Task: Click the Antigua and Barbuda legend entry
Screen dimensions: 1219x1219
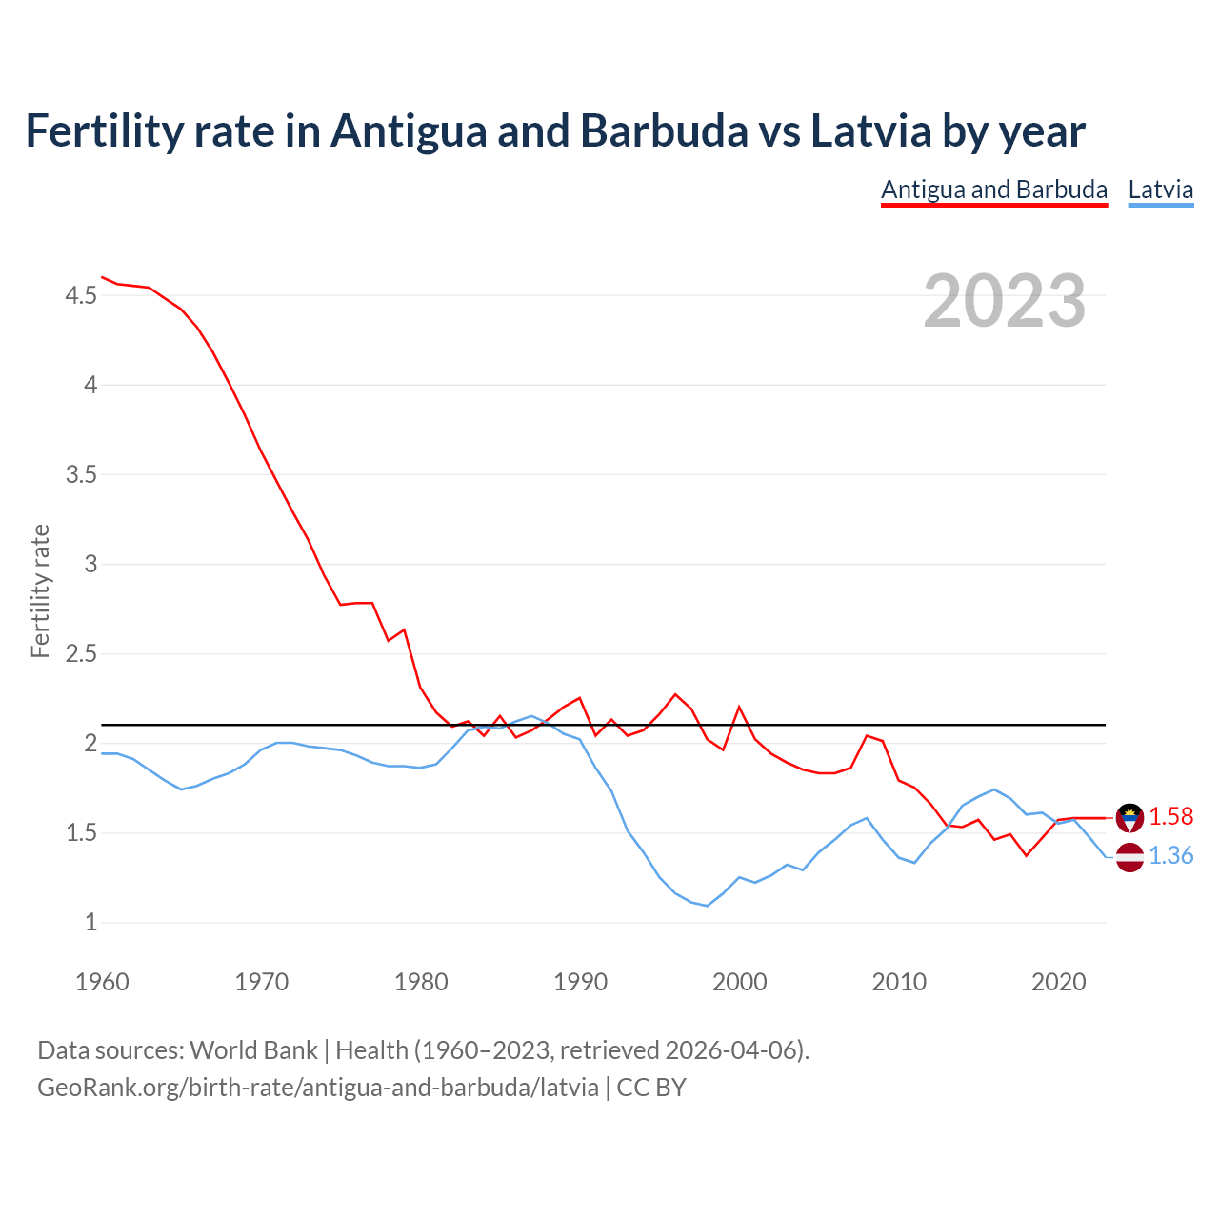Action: tap(994, 190)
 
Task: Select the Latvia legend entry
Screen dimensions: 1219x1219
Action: tap(1160, 190)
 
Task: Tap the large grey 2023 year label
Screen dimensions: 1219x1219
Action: tap(1005, 301)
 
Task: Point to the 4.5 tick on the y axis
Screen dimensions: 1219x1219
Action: tap(81, 296)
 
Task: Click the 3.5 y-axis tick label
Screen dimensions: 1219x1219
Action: tap(81, 474)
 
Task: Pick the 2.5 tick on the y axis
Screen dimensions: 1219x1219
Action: tap(81, 653)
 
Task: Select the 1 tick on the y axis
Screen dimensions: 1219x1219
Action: tap(90, 922)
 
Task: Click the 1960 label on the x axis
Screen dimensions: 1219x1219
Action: tap(102, 982)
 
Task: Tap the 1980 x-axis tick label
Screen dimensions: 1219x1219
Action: tap(421, 982)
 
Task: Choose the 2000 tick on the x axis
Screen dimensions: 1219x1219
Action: tap(739, 982)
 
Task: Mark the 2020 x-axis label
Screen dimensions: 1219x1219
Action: tap(1058, 982)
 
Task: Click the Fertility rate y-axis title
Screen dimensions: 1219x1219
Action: tap(40, 590)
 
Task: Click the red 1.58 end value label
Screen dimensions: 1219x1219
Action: tap(1170, 816)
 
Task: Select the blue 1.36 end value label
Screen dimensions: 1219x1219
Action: tap(1170, 856)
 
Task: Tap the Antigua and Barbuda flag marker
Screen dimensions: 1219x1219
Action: tap(1129, 817)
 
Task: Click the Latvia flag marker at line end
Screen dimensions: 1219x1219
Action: tap(1129, 857)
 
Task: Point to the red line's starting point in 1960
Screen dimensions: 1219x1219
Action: tap(102, 277)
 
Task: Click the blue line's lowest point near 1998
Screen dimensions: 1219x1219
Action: tap(707, 906)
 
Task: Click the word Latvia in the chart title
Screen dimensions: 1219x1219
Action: tap(870, 131)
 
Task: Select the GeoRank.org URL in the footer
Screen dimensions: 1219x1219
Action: tap(318, 1087)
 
